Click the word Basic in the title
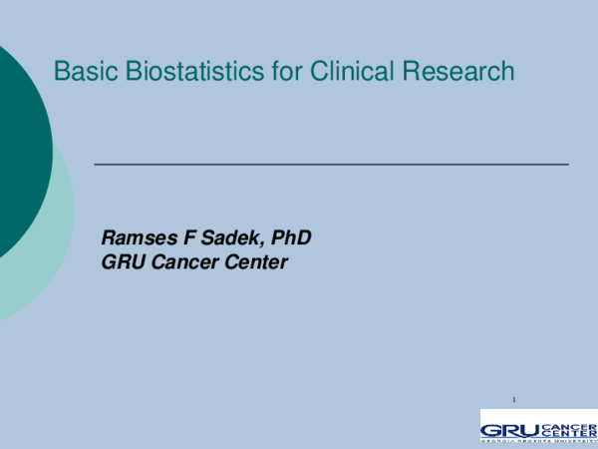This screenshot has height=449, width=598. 81,72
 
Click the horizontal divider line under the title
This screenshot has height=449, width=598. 331,163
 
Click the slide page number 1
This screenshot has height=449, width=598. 513,400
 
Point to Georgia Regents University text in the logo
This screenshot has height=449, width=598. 538,442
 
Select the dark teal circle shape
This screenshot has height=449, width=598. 15,150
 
